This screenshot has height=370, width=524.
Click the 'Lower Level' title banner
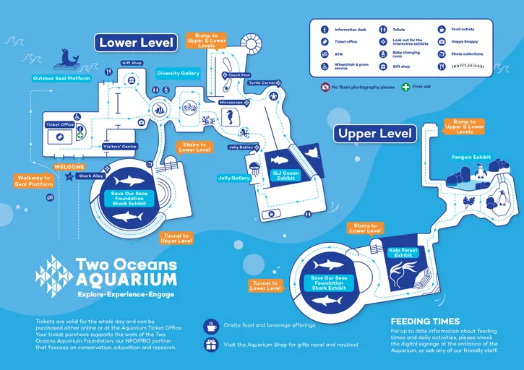click(137, 43)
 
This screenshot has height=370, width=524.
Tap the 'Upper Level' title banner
click(376, 134)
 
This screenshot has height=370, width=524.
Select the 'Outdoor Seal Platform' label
click(61, 78)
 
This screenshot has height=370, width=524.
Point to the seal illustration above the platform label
click(70, 58)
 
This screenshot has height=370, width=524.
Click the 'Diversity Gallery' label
click(178, 73)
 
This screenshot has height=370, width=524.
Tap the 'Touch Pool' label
click(239, 75)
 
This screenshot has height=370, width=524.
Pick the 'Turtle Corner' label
click(262, 83)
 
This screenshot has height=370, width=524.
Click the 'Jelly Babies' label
click(241, 147)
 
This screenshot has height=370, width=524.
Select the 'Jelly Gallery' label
click(234, 178)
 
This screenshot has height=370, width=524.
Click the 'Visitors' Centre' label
click(121, 147)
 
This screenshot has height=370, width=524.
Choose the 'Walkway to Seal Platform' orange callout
click(33, 181)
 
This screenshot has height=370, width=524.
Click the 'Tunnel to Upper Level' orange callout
click(176, 238)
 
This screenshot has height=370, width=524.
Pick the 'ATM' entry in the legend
click(339, 54)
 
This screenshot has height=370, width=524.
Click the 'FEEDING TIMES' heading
click(424, 321)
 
